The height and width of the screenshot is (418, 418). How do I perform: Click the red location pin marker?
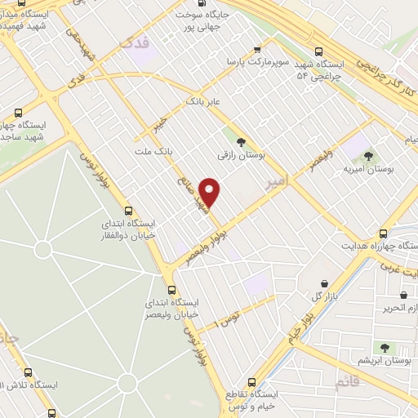click(x=211, y=192)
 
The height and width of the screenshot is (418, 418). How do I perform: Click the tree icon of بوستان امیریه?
click(x=368, y=154)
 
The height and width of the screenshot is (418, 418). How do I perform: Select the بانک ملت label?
click(x=154, y=152)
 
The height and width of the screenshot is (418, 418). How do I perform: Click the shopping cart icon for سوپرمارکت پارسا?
click(x=259, y=49)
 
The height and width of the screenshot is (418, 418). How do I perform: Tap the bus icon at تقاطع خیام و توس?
click(x=251, y=381)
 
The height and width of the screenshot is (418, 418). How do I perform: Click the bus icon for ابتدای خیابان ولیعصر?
click(x=171, y=290)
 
